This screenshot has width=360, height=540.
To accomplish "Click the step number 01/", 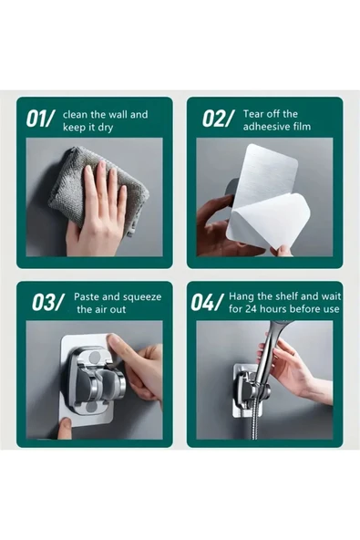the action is (41, 119).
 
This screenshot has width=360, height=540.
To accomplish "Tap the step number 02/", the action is (217, 119).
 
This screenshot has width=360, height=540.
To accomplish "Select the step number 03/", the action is (47, 302).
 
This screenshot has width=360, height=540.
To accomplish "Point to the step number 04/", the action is (205, 302).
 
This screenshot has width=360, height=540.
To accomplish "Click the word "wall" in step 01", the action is (118, 115).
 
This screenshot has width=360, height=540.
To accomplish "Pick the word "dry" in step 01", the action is (106, 128).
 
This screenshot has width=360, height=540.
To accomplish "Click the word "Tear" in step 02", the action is (252, 114).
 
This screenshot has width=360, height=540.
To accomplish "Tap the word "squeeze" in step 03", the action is (142, 297).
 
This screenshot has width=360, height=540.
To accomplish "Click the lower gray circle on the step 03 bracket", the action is (92, 408).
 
